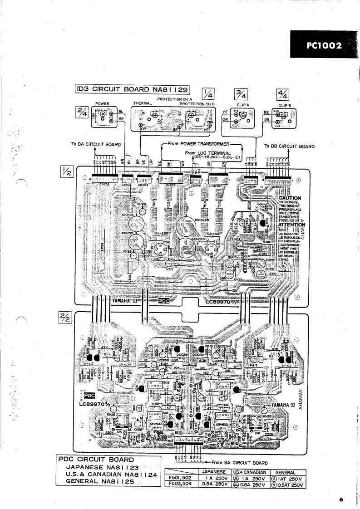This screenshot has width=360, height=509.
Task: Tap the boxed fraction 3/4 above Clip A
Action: (x=241, y=94)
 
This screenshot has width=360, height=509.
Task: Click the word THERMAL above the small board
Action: (x=142, y=103)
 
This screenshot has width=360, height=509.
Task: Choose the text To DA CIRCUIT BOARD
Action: (x=96, y=145)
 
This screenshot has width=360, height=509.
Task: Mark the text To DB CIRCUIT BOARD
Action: (x=289, y=146)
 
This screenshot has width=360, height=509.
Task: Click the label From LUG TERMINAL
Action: (x=208, y=152)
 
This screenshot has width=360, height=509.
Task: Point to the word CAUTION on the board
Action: (x=290, y=198)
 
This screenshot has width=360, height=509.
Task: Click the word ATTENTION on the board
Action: (x=291, y=225)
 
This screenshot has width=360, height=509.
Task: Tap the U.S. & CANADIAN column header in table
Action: (x=249, y=472)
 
